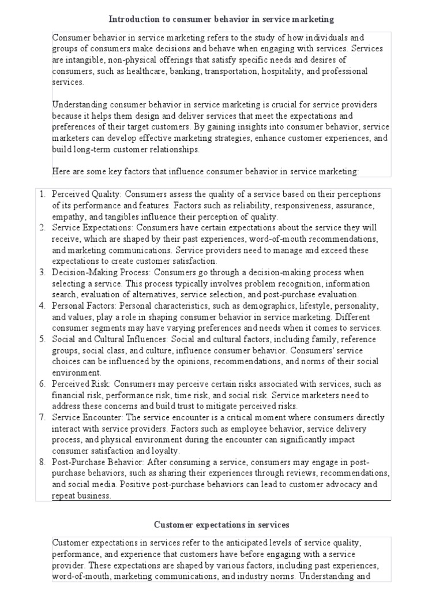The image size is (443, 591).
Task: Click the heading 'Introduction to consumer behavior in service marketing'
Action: (x=221, y=20)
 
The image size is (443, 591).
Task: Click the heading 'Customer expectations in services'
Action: (x=221, y=524)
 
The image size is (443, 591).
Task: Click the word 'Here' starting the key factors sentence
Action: (x=61, y=171)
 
